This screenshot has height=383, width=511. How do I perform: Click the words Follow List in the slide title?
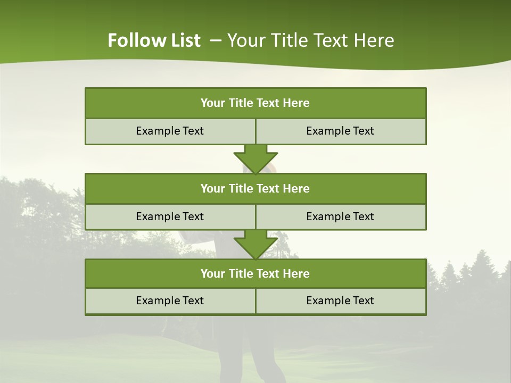(x=154, y=40)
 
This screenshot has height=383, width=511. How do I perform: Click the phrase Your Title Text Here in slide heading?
(x=310, y=40)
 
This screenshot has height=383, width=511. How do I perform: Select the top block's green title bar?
(x=256, y=103)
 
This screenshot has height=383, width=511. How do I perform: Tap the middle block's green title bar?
(x=256, y=188)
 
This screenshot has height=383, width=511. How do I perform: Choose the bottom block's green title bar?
(x=256, y=273)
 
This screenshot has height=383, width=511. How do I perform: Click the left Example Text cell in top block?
(x=170, y=131)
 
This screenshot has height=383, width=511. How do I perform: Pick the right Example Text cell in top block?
(x=340, y=131)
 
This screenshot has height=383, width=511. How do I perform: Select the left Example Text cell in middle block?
(x=170, y=217)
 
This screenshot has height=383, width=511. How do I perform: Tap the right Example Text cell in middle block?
(x=340, y=217)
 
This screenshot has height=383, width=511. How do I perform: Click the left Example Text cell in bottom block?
(x=170, y=301)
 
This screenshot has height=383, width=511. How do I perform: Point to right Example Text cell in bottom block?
(x=340, y=301)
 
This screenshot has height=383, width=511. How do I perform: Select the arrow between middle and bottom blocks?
(x=256, y=244)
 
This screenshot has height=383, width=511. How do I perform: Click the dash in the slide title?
(x=216, y=40)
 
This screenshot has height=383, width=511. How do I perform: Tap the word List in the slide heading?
(x=183, y=40)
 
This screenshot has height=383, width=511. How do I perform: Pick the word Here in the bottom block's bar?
(x=296, y=273)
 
